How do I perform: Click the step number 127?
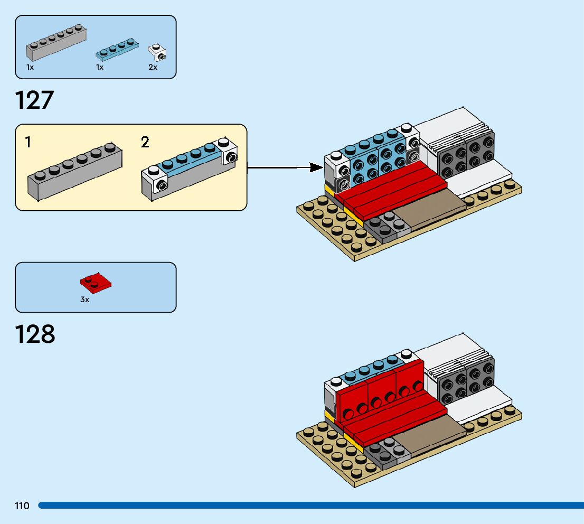(35, 100)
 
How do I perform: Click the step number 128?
(35, 334)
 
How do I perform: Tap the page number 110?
(22, 506)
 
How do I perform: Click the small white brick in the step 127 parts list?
(157, 52)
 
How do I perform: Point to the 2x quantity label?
(153, 68)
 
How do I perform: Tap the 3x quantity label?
(84, 299)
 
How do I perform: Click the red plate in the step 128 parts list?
(96, 284)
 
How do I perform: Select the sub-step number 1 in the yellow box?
(28, 142)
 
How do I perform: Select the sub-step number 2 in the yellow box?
(145, 142)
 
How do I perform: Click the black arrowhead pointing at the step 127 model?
(316, 167)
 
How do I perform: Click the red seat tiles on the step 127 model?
(391, 190)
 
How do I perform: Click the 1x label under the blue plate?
(99, 68)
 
